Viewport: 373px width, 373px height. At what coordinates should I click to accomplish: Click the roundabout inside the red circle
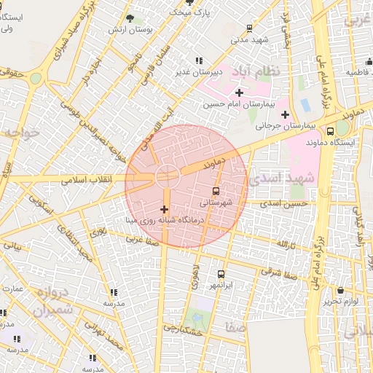coord(166,175)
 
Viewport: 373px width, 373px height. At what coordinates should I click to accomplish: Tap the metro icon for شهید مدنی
coord(250,29)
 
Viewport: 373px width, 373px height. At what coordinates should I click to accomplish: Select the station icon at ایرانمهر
coord(221,275)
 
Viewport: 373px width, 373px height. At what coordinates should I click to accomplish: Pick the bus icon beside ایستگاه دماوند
coord(331,132)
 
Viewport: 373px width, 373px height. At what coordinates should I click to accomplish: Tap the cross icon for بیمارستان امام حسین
coord(239,93)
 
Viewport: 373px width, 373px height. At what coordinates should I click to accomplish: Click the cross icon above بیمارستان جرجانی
coord(285,114)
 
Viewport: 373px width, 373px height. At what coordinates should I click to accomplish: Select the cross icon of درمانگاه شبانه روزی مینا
coord(163,209)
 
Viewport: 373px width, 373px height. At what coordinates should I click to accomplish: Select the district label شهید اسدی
coord(282,177)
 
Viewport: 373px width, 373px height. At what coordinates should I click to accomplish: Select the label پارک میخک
coord(181,12)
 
